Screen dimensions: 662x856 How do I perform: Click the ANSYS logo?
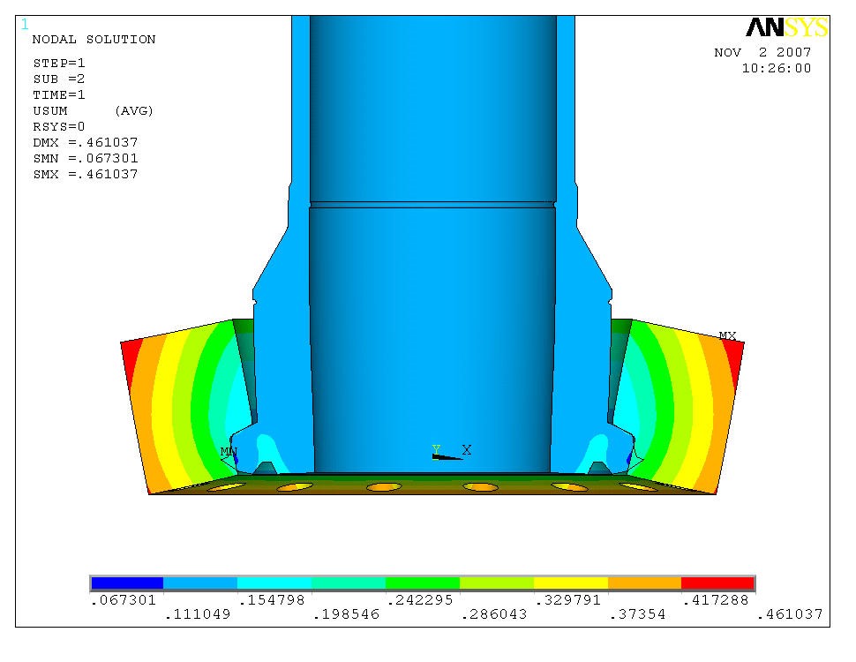point(786,27)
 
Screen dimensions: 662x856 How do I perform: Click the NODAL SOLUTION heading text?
point(94,40)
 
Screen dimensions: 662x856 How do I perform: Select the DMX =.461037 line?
point(85,143)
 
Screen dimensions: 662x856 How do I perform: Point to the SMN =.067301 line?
point(85,159)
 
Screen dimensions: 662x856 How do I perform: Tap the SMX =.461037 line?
point(85,175)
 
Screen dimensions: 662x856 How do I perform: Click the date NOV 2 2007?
point(762,53)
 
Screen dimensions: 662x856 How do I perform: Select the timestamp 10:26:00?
point(776,69)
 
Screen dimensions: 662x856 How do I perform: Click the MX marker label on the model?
point(727,336)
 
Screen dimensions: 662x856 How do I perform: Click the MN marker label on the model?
point(229,452)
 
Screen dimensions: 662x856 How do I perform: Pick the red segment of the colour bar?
point(717,583)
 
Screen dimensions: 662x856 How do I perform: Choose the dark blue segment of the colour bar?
point(127,583)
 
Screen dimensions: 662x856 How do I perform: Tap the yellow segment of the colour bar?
point(570,583)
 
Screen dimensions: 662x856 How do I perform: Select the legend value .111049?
point(198,614)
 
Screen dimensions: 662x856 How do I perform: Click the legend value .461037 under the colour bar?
point(790,614)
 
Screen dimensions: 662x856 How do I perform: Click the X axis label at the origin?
point(467,450)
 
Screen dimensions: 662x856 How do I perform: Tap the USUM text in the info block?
point(50,111)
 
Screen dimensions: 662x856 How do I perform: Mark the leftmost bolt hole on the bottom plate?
point(225,486)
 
